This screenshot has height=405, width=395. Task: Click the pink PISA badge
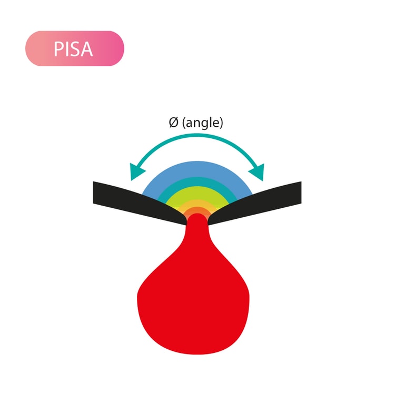click(x=74, y=48)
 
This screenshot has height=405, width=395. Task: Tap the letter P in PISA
click(x=58, y=49)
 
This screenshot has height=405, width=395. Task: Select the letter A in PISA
click(x=87, y=49)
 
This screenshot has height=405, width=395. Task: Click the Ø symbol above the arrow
click(x=174, y=122)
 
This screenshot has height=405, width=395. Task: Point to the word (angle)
click(x=203, y=123)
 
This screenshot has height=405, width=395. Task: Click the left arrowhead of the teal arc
click(x=137, y=171)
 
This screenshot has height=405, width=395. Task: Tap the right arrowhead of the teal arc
click(x=256, y=172)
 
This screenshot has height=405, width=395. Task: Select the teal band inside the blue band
click(x=197, y=181)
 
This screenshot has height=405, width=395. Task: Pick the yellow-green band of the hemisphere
click(x=197, y=193)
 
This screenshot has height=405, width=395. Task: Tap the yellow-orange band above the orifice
click(x=197, y=203)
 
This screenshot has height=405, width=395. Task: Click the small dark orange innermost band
click(x=197, y=209)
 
